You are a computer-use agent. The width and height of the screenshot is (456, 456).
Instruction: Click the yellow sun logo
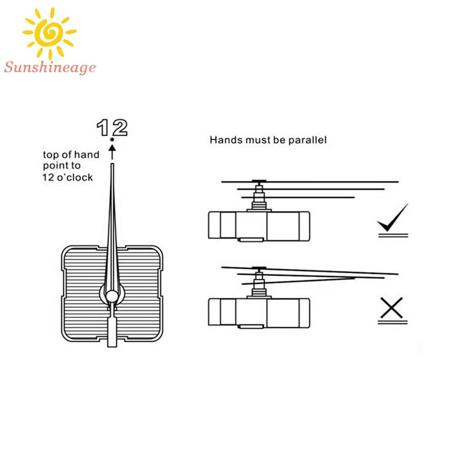(x=50, y=32)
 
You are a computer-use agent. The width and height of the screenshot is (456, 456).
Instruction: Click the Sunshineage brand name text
(x=50, y=68)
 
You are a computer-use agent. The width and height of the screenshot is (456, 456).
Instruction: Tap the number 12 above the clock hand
(x=112, y=128)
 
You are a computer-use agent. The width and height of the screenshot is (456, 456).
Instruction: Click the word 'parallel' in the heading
(x=307, y=140)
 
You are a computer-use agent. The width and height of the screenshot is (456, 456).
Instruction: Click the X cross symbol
(x=391, y=308)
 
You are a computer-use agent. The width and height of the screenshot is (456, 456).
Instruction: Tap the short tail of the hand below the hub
(x=112, y=333)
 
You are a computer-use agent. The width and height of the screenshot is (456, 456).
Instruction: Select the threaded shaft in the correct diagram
(x=259, y=198)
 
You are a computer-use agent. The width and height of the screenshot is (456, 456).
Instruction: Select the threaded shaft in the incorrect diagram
(x=259, y=285)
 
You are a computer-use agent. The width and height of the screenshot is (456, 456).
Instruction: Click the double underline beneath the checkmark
(x=392, y=235)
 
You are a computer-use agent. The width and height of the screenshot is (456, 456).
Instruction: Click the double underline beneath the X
(x=392, y=322)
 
